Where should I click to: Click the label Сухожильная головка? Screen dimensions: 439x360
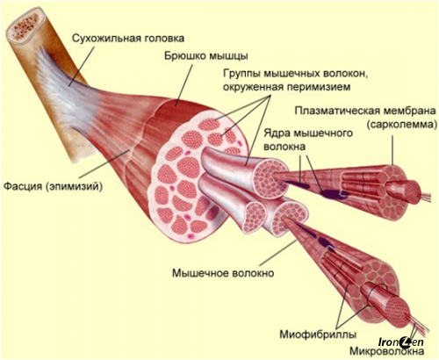click(128, 39)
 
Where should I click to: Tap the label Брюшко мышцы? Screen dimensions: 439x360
click(205, 56)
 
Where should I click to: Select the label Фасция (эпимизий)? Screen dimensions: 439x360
click(53, 186)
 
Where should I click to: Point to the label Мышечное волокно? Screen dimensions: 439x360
click(223, 273)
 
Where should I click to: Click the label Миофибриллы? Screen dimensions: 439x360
click(318, 334)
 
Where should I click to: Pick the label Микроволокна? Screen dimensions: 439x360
click(387, 350)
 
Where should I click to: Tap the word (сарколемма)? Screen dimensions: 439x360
click(401, 125)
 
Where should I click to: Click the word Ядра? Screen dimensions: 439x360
click(277, 133)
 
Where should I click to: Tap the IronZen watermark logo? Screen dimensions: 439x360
click(401, 342)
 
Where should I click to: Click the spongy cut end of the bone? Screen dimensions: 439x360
click(25, 26)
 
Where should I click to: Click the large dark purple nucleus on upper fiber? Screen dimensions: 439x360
click(333, 193)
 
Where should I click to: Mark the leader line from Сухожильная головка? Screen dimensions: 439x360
click(82, 66)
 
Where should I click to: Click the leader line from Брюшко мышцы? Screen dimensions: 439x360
click(184, 85)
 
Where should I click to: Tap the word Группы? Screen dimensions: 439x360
click(242, 74)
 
